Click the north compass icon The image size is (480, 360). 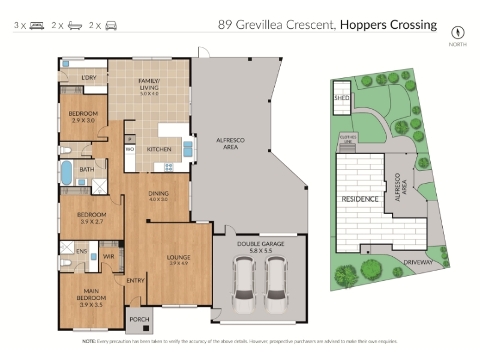click(458, 32)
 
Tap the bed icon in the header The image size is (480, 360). click(37, 25)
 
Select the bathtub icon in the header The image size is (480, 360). click(74, 25)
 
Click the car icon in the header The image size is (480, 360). click(111, 25)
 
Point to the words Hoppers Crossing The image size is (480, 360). click(388, 25)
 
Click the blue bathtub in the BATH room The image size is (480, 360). click(67, 173)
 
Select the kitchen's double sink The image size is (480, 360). click(188, 149)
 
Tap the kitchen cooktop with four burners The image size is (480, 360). click(169, 167)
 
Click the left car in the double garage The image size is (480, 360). click(244, 285)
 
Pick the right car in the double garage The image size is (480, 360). click(275, 285)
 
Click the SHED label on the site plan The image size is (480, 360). click(341, 98)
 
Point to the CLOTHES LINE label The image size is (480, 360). click(348, 139)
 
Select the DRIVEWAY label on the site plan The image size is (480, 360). click(418, 262)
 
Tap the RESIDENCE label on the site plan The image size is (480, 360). click(360, 199)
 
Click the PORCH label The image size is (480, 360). click(139, 319)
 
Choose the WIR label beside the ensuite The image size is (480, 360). click(109, 257)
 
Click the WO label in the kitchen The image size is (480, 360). click(130, 149)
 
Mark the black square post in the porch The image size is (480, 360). click(146, 328)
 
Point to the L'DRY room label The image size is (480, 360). click(89, 78)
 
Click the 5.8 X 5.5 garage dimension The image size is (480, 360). click(261, 251)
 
